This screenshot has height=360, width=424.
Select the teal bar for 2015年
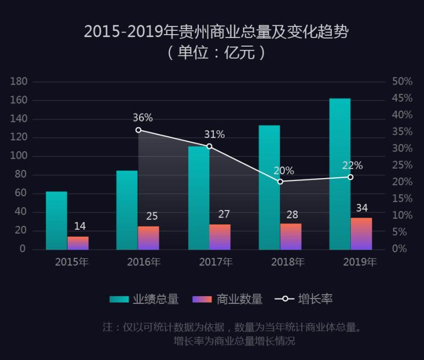[x=57, y=220]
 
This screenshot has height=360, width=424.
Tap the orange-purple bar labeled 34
[x=361, y=234]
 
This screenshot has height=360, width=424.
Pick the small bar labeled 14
[x=78, y=243]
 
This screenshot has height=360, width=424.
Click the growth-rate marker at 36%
[x=138, y=130]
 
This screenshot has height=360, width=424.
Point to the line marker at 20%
[x=280, y=181]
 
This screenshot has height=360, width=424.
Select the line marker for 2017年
[x=209, y=146]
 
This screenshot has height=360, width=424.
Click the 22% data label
[x=352, y=165]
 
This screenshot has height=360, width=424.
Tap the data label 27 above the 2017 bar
[x=224, y=214]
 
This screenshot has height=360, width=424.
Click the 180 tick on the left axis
[x=19, y=81]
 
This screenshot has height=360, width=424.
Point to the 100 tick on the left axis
[x=19, y=156]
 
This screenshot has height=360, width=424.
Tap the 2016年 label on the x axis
[x=144, y=262]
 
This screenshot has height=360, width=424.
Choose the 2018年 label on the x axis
[x=288, y=262]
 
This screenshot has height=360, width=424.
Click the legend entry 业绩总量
[x=144, y=299]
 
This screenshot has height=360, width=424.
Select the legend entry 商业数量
[x=227, y=299]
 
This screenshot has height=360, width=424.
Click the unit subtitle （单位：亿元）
[x=216, y=53]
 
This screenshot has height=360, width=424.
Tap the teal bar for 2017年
[x=198, y=198]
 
